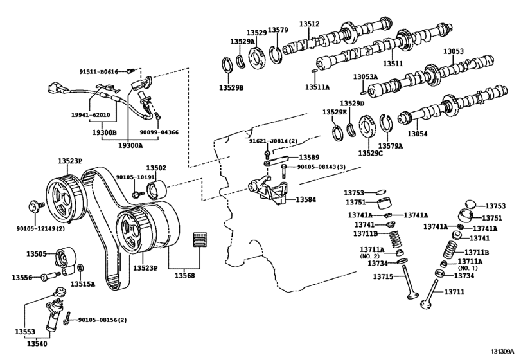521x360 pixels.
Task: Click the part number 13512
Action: (309, 24)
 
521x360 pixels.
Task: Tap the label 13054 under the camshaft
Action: (418, 134)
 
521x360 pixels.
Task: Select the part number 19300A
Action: (130, 145)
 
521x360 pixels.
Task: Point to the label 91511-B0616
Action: (99, 71)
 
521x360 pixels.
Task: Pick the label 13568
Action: (185, 276)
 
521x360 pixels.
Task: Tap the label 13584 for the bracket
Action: (306, 199)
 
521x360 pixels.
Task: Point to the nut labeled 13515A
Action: (80, 268)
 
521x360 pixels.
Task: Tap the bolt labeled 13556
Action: (51, 276)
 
